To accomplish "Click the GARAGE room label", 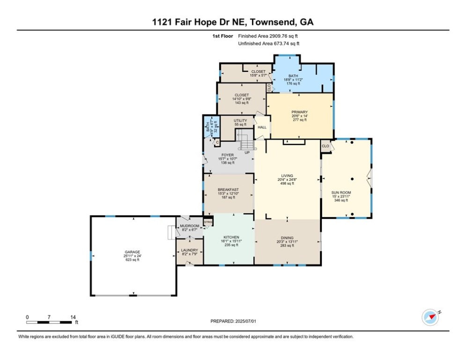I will click(132, 252).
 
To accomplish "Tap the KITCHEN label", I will click(231, 237).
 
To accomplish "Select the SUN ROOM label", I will click(341, 193).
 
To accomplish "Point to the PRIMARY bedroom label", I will click(299, 112).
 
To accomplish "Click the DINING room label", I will click(287, 238).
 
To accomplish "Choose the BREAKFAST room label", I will click(228, 190).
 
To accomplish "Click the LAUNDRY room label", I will click(189, 250).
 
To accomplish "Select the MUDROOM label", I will click(190, 226).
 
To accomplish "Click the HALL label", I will click(262, 127).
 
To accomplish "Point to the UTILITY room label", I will click(240, 120).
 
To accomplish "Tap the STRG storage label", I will click(208, 222).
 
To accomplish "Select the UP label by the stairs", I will click(247, 152).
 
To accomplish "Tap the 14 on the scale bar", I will click(73, 317).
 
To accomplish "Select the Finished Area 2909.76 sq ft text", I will click(268, 36).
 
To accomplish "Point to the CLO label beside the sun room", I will click(325, 146).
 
